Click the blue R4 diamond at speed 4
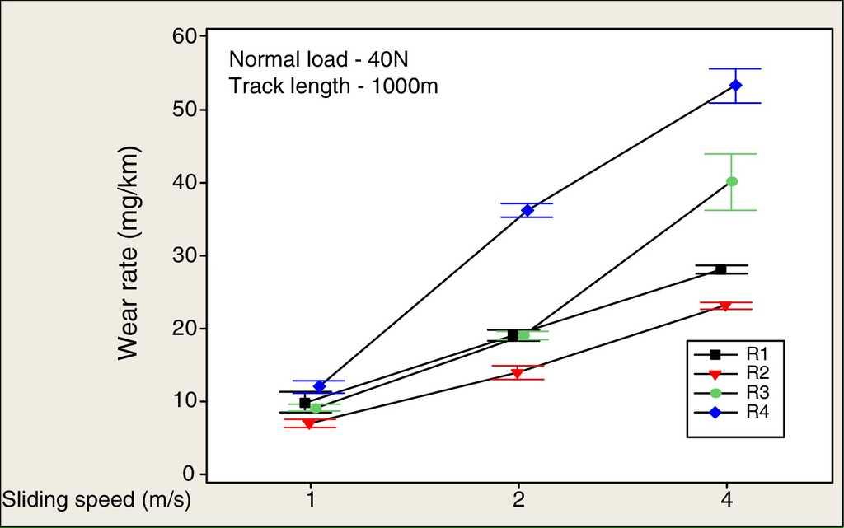tap(736, 85)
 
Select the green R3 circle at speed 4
tap(731, 181)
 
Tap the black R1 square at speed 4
tap(720, 269)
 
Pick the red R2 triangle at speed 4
tap(725, 306)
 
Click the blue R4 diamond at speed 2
tap(527, 210)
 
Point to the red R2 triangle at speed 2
tap(517, 373)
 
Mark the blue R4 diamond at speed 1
tap(320, 385)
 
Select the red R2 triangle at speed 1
tap(309, 423)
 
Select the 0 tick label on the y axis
tap(190, 474)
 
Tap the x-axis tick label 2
tap(518, 500)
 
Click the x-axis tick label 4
tap(727, 500)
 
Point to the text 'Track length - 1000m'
tap(333, 86)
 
